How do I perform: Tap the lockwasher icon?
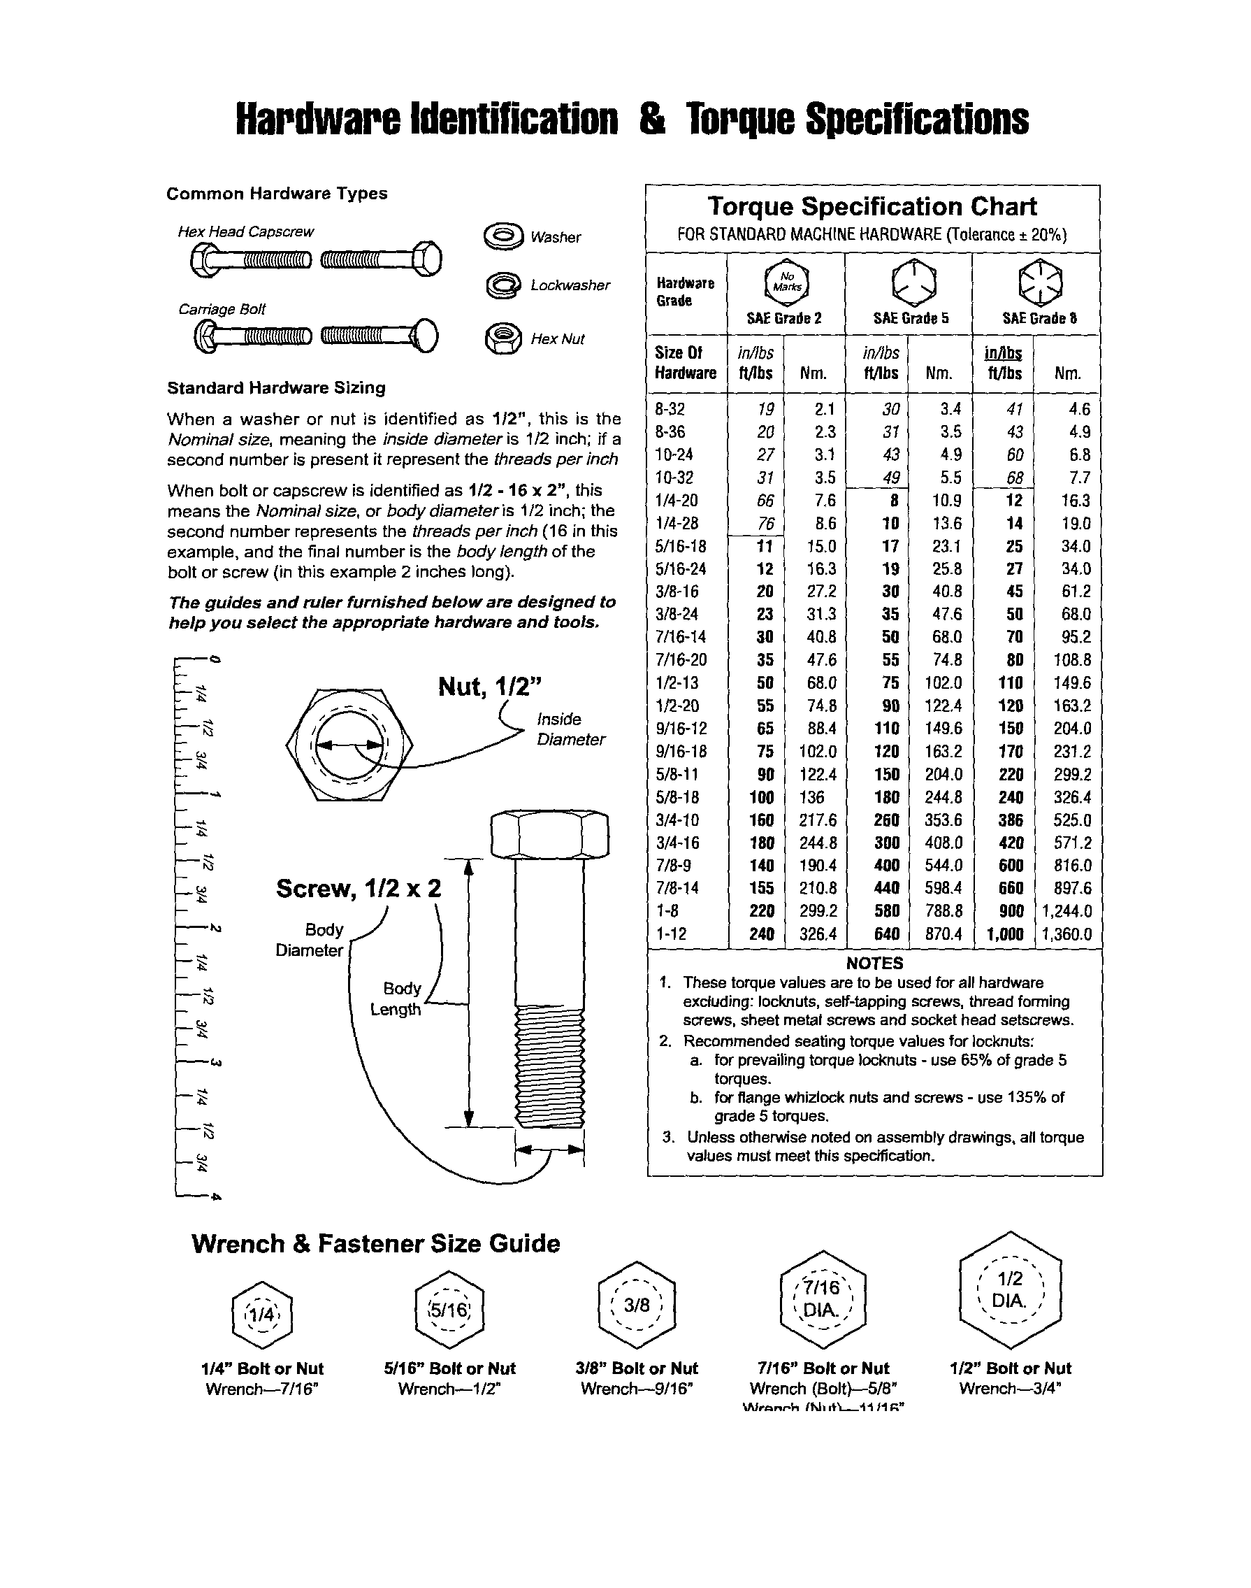pyautogui.click(x=503, y=285)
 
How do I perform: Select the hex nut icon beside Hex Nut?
pyautogui.click(x=503, y=338)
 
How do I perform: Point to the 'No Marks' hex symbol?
pyautogui.click(x=786, y=282)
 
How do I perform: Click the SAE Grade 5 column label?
pyautogui.click(x=910, y=318)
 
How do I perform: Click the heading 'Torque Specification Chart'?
pyautogui.click(x=872, y=207)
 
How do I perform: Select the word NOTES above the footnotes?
pyautogui.click(x=874, y=963)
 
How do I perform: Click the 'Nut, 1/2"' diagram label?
pyautogui.click(x=490, y=687)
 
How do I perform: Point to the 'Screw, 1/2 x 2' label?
pyautogui.click(x=358, y=888)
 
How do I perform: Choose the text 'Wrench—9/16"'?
pyautogui.click(x=636, y=1389)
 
